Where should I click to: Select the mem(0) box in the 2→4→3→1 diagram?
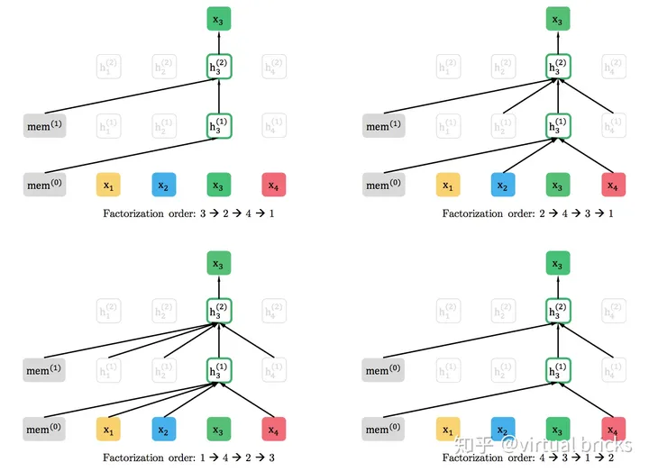(x=383, y=186)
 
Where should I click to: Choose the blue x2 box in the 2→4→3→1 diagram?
(x=503, y=186)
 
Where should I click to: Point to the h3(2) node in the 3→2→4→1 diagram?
(x=219, y=66)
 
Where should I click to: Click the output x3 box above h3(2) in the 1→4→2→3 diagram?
(x=219, y=263)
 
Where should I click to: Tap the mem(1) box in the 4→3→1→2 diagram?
(x=383, y=369)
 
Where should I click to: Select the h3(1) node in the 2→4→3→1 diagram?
(x=558, y=126)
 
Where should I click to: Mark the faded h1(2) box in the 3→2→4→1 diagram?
(x=108, y=66)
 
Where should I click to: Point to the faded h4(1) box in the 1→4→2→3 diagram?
(x=274, y=369)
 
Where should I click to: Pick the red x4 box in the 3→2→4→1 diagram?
(x=274, y=186)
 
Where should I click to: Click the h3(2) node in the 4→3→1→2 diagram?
(x=558, y=310)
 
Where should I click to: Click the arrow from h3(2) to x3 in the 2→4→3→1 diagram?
(x=558, y=41)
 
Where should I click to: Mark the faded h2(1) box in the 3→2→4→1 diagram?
(x=163, y=126)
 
